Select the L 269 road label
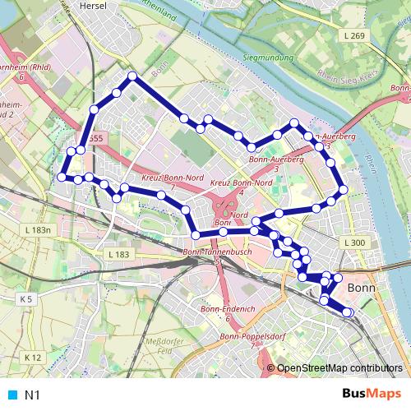pyautogui.click(x=355, y=36)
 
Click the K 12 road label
pyautogui.click(x=32, y=358)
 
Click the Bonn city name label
pyautogui.click(x=362, y=289)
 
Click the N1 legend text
pyautogui.click(x=33, y=395)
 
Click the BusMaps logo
pyautogui.click(x=372, y=395)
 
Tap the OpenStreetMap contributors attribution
pyautogui.click(x=339, y=369)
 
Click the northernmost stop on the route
pyautogui.click(x=131, y=76)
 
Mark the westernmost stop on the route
pyautogui.click(x=61, y=176)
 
